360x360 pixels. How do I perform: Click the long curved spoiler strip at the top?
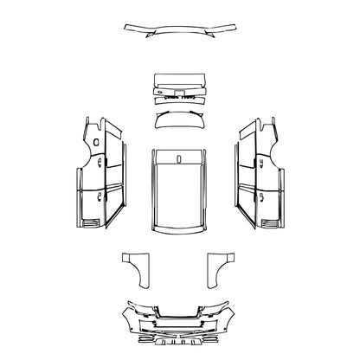click(179, 29)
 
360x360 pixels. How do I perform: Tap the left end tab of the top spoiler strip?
click(129, 27)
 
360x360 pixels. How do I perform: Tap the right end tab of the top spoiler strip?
click(231, 27)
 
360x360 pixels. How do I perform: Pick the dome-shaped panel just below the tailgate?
click(179, 119)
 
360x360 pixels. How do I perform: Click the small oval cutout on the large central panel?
click(178, 158)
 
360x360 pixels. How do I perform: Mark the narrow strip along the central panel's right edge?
click(207, 195)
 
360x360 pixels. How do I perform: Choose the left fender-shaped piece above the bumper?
click(134, 268)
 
